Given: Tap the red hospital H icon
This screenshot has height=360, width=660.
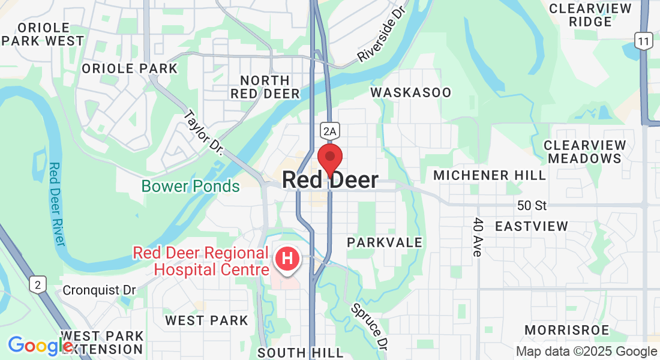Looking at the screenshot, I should tap(287, 259).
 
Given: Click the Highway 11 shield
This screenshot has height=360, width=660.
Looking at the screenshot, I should tap(644, 41).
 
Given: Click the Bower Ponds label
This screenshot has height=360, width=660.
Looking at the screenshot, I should tap(191, 187).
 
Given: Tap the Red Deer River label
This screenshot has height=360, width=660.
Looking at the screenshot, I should tap(57, 204).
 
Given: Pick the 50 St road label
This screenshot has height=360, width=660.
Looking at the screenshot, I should tap(532, 206).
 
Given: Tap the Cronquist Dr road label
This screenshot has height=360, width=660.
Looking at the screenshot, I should tap(100, 290).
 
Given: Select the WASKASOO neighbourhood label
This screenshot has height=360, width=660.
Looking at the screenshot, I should tap(410, 92).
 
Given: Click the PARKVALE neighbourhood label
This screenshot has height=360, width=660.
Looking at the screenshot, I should tap(385, 242).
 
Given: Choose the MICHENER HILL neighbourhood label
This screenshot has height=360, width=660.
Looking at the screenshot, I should tap(490, 175).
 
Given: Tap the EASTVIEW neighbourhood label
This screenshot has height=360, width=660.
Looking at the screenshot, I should tap(531, 226).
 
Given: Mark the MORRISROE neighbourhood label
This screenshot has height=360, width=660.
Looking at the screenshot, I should tap(566, 330).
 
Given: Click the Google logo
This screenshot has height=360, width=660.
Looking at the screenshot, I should tap(40, 346).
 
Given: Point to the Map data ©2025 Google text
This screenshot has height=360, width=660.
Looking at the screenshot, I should tap(586, 352).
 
